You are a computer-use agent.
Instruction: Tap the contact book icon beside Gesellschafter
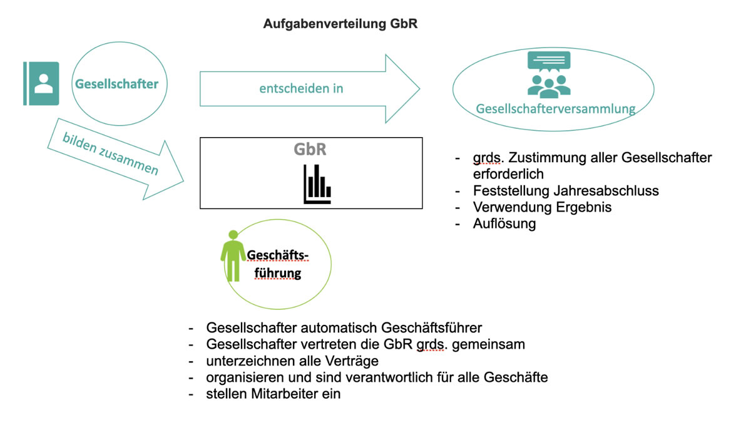41,83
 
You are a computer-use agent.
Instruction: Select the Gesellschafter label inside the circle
116,84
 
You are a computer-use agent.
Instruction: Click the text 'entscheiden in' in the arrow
301,88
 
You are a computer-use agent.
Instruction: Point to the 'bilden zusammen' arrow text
110,154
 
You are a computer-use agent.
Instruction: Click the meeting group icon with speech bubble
549,74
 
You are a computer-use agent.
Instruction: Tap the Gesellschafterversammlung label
555,109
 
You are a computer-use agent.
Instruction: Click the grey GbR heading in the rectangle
310,150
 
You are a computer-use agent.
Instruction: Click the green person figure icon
233,255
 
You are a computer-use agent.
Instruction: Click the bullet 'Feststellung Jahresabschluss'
566,190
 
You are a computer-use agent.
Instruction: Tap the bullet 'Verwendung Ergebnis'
542,207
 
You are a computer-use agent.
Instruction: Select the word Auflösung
504,223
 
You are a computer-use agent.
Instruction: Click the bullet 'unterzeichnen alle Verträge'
292,361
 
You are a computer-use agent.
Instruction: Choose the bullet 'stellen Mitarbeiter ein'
273,394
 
